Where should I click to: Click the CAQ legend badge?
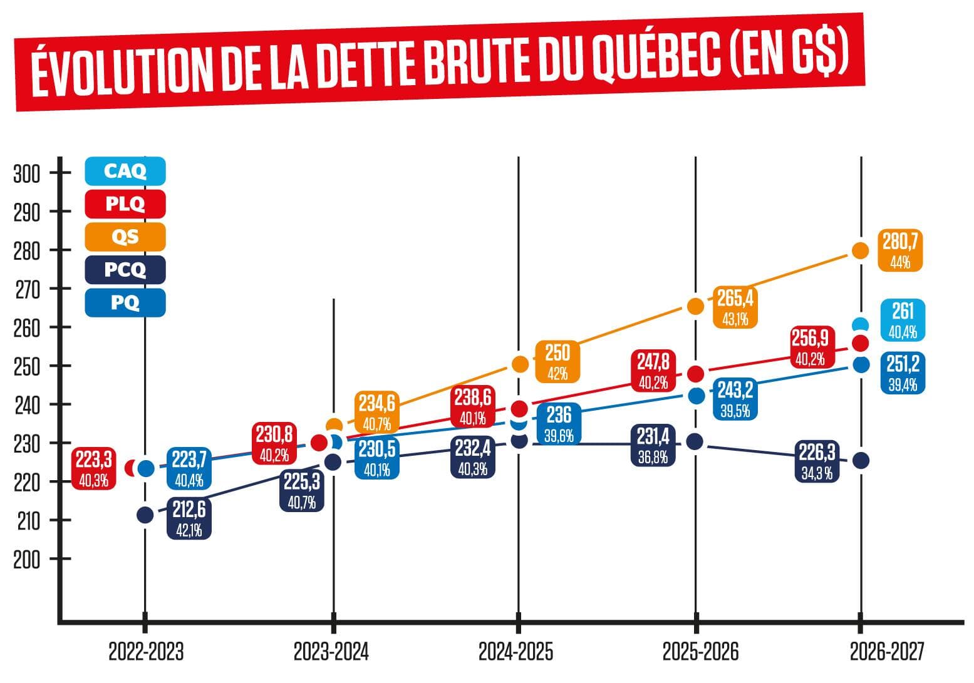coord(125,171)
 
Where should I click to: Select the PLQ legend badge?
coord(125,204)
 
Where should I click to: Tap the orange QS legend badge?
coord(125,237)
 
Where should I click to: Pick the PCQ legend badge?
coord(125,270)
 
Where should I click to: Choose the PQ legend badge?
coord(125,303)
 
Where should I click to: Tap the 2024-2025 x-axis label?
coord(516,652)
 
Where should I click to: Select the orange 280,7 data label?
coord(900,250)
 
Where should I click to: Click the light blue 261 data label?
coord(903,320)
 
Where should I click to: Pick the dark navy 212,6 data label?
coord(189,518)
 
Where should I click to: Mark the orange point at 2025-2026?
coord(696,306)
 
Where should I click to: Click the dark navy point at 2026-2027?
coord(861,461)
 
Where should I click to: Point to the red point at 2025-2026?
coord(696,374)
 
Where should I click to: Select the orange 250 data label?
coord(557,362)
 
